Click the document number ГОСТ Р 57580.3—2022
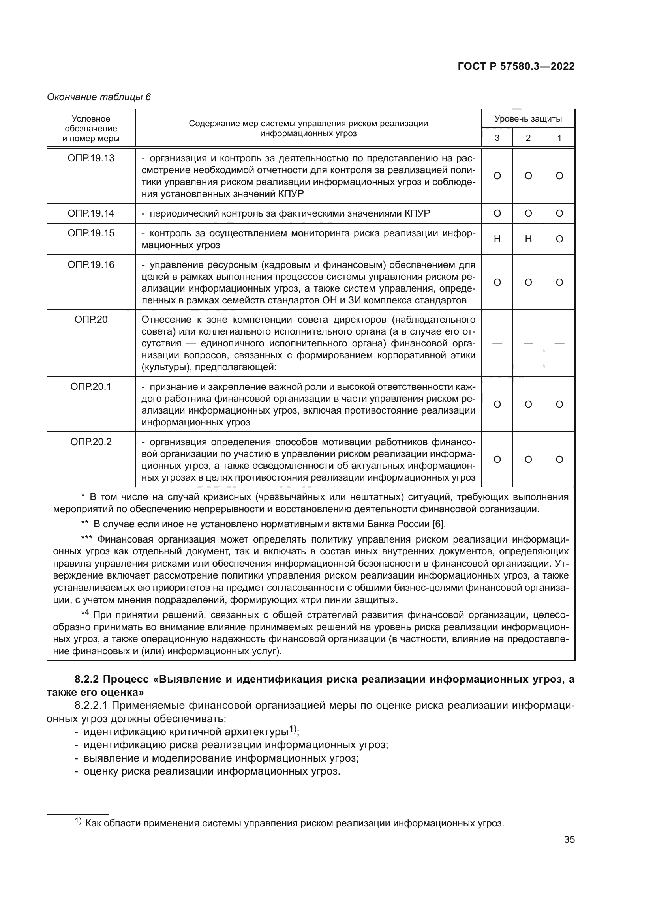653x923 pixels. click(516, 67)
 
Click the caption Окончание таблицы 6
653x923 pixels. click(99, 97)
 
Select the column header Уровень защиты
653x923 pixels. click(528, 119)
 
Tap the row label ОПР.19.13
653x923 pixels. click(91, 158)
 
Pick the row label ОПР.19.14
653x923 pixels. click(91, 213)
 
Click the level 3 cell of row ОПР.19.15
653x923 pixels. click(497, 239)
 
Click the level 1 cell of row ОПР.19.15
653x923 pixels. click(559, 239)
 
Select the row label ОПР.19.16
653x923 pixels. click(91, 265)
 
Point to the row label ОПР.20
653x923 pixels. click(91, 320)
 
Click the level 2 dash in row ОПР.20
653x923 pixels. click(528, 344)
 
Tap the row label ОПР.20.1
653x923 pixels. click(91, 387)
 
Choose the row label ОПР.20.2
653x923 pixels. click(91, 442)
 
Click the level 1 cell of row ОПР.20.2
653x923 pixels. click(559, 459)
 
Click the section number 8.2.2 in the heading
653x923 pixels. click(86, 680)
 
